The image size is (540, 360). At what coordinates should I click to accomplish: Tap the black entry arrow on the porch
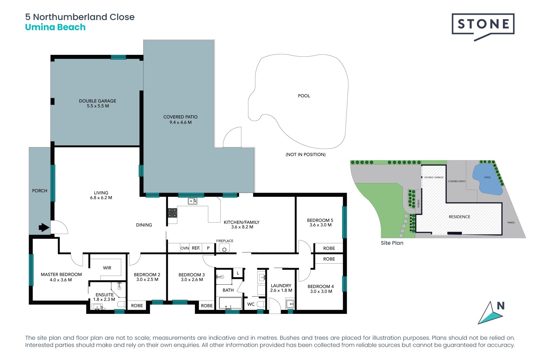pos(44,227)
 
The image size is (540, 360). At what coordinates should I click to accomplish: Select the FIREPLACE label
pos(225,241)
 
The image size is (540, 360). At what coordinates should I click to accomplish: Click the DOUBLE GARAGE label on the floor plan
pos(98,101)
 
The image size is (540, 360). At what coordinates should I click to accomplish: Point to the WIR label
pos(107,268)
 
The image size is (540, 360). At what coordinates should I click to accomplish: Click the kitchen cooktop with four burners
pos(172,213)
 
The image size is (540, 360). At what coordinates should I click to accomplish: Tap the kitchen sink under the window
pos(193,201)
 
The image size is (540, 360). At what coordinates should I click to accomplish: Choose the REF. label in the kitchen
pos(196,248)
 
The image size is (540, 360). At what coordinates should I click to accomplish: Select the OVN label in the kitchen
pos(185,248)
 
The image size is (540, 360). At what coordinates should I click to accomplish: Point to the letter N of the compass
pos(501,306)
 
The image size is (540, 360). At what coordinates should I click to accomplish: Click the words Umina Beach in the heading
pos(55,27)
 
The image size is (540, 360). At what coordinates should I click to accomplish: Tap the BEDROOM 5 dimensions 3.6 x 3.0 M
pos(320,225)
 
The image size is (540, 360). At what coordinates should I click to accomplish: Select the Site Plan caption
pos(392,243)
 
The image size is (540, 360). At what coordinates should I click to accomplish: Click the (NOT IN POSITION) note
pos(306,154)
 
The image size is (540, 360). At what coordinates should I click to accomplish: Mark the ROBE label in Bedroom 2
pos(137,306)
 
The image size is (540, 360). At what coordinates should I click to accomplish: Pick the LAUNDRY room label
pos(281,285)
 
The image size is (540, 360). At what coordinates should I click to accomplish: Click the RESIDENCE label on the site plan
pos(460,217)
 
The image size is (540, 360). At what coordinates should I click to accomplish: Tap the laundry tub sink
pos(290,304)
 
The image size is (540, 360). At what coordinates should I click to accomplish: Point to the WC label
pos(251,304)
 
